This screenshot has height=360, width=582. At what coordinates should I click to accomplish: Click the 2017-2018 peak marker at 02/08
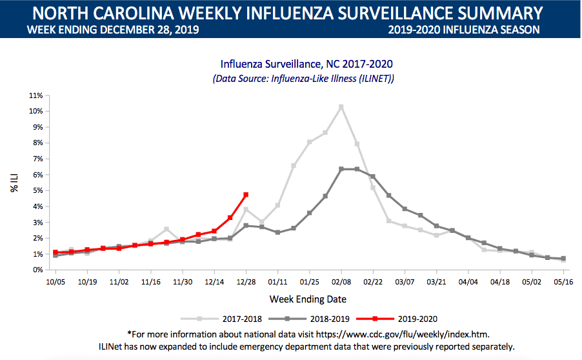tap(341, 107)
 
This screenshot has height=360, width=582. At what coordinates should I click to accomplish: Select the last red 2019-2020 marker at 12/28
tap(246, 195)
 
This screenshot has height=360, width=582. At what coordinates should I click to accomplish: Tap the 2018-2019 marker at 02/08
tap(341, 169)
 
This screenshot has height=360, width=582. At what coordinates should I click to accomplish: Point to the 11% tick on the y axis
tap(35, 95)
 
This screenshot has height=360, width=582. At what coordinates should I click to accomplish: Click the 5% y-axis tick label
tap(36, 190)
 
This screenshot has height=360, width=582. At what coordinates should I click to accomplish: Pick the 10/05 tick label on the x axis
tap(55, 282)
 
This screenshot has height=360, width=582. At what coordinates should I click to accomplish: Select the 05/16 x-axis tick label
tap(563, 282)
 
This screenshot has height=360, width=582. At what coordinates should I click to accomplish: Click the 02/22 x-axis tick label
tap(373, 282)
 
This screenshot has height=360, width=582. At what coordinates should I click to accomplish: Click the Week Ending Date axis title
tap(308, 299)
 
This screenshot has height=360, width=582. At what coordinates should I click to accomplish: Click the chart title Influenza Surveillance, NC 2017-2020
tap(306, 64)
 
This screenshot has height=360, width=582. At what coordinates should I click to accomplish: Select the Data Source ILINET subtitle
tap(303, 78)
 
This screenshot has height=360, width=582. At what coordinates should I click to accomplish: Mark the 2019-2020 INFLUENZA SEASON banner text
tap(464, 30)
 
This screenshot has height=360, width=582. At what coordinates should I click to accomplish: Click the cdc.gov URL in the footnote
tap(413, 334)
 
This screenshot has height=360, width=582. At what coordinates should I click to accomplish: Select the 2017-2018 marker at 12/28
tap(246, 209)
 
